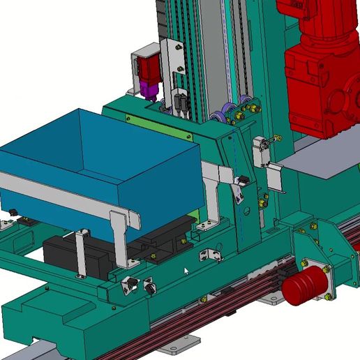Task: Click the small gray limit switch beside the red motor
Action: tap(262, 150)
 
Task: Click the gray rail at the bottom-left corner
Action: tap(28, 349)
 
